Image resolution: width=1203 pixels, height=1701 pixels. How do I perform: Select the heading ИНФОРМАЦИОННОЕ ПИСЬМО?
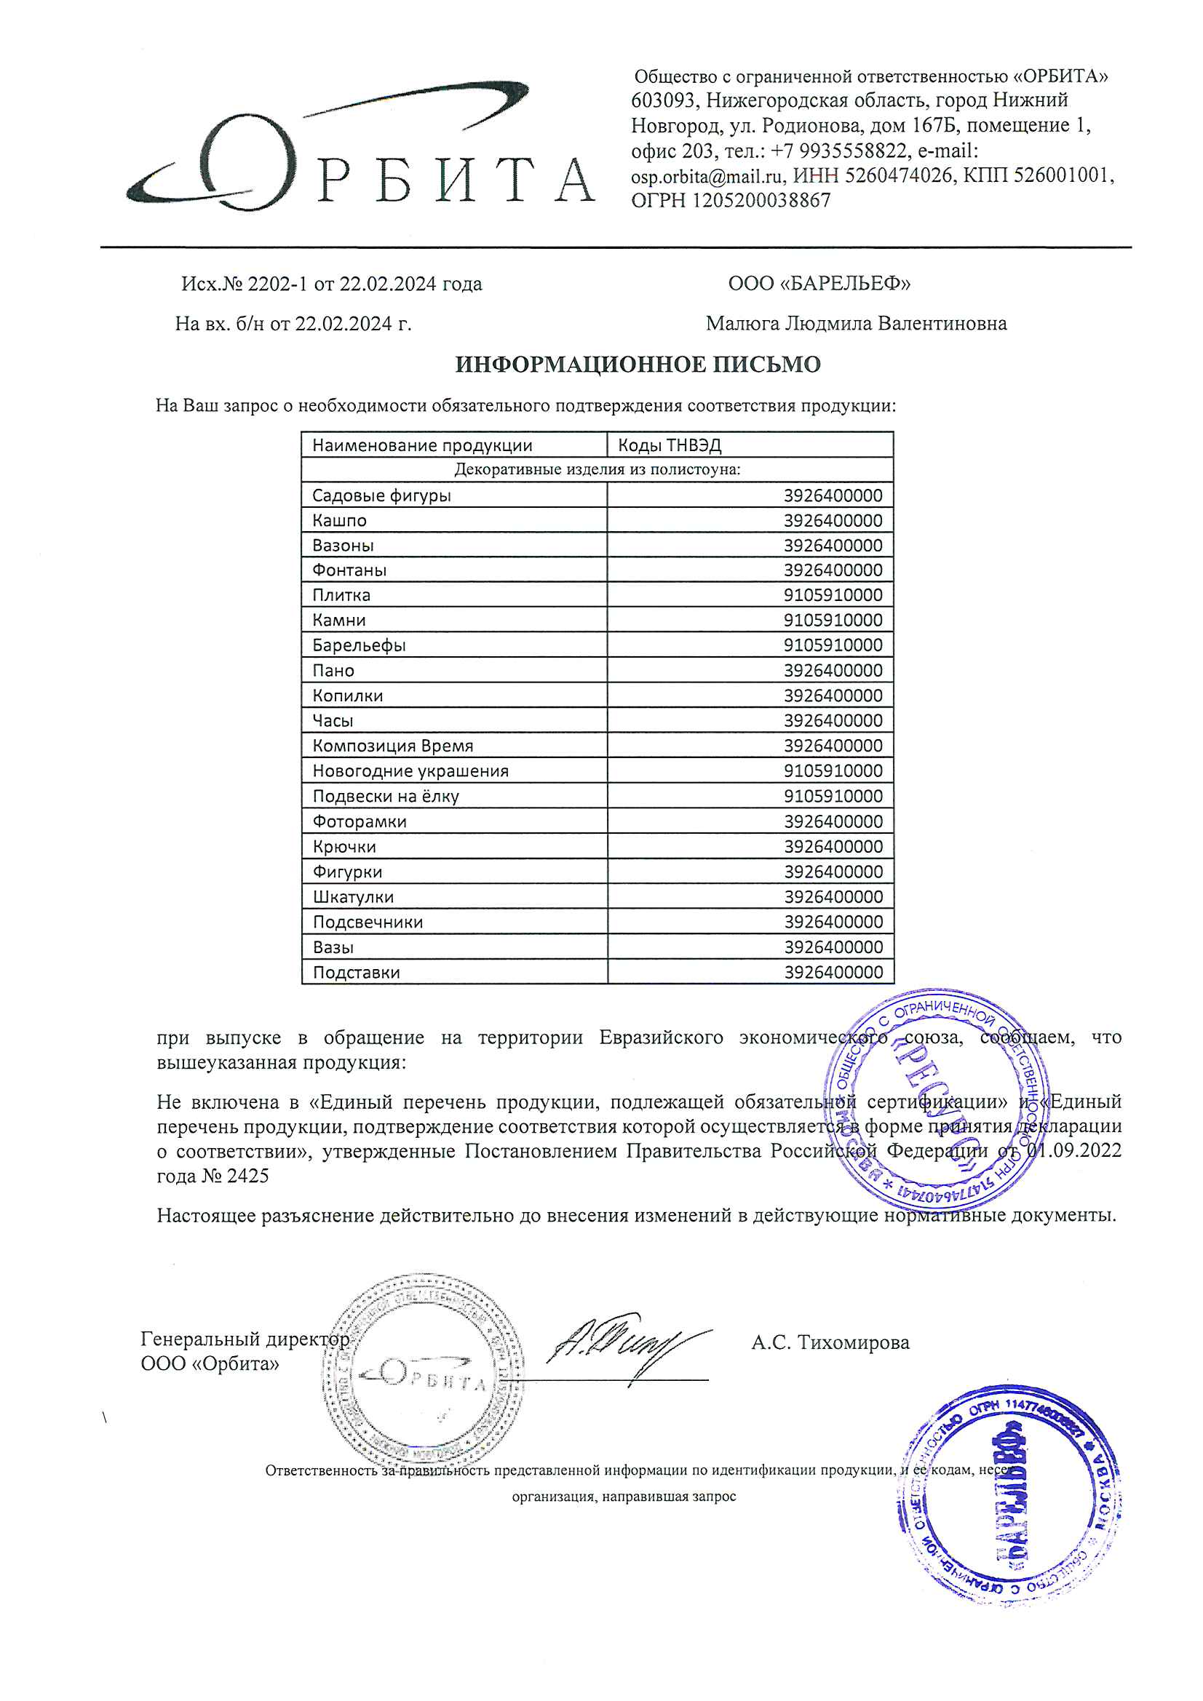tap(638, 364)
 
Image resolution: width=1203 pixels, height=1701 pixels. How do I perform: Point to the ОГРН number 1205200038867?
tap(761, 201)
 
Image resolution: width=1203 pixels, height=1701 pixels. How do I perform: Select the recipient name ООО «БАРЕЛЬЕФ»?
tap(819, 284)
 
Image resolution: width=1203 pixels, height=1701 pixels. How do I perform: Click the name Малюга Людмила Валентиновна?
tap(856, 324)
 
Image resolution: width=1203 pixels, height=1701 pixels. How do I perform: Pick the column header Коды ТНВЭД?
tap(670, 445)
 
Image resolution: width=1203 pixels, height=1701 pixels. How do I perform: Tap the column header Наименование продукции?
tap(422, 445)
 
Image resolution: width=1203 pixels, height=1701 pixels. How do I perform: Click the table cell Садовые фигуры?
tap(381, 495)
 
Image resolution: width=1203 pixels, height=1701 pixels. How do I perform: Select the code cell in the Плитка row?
tap(833, 595)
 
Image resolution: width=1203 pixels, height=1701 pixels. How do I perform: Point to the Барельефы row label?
tap(359, 645)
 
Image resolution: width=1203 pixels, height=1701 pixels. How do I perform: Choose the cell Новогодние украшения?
tap(410, 771)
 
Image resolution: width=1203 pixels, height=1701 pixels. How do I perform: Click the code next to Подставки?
tap(833, 972)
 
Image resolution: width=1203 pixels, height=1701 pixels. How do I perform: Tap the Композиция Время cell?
tap(392, 746)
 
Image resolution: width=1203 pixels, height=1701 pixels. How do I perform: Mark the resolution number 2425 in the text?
tap(249, 1176)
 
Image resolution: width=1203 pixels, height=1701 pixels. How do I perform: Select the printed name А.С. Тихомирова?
tap(830, 1342)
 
